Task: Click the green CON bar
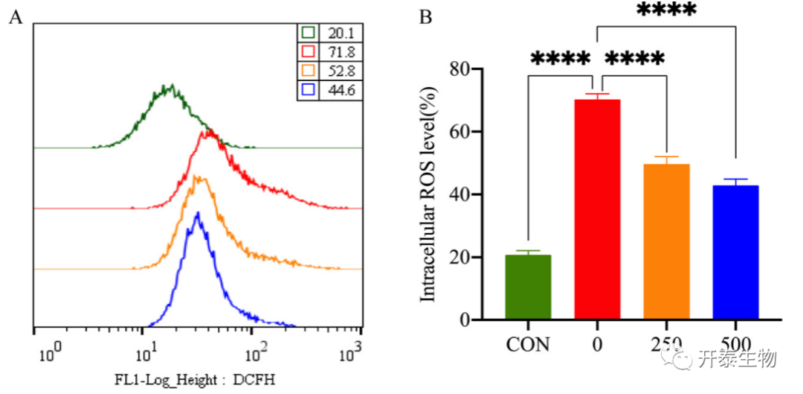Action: [528, 287]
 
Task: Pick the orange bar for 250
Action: [666, 242]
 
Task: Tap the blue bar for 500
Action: [735, 252]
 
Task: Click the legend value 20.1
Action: [341, 33]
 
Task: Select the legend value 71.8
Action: [341, 51]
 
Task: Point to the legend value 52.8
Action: [341, 71]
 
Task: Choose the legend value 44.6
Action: [341, 89]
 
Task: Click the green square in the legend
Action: [309, 33]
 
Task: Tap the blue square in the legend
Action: [309, 89]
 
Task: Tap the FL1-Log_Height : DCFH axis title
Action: [195, 380]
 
